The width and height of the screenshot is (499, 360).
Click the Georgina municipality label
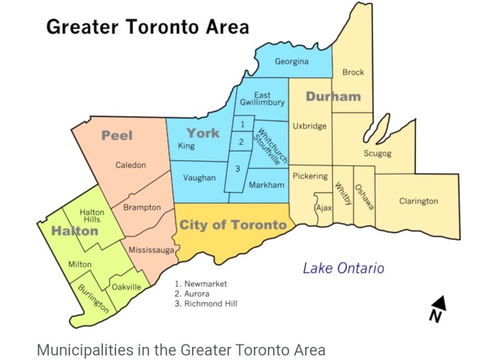(x=292, y=62)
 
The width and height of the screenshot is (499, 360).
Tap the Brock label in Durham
(x=353, y=72)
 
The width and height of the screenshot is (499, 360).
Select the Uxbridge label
(x=309, y=126)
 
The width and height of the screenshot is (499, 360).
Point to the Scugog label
(x=377, y=153)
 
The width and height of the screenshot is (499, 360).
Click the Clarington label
(x=419, y=201)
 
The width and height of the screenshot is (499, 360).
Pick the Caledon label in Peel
(x=130, y=165)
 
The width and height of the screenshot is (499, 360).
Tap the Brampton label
(x=142, y=207)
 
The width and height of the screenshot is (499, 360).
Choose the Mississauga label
(x=151, y=250)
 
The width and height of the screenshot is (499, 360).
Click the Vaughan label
(x=199, y=178)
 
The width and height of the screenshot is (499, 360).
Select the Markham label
(x=266, y=185)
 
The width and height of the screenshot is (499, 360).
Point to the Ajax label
(x=324, y=207)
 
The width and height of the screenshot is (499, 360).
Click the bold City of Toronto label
(x=233, y=225)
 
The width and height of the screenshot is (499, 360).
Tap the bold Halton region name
(x=74, y=231)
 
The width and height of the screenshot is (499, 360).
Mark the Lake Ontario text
(x=343, y=268)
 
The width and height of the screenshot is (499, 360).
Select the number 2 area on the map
(x=241, y=142)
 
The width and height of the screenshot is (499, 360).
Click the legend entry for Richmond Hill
(x=206, y=304)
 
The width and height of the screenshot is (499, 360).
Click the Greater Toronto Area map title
(x=147, y=27)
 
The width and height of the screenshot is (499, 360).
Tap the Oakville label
(x=127, y=287)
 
